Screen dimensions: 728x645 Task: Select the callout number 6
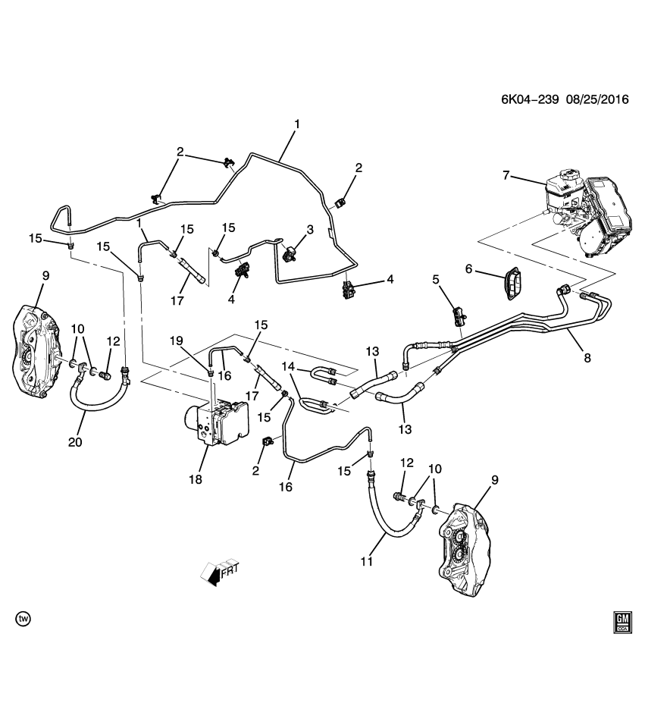point(468,268)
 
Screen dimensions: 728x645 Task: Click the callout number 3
point(309,229)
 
